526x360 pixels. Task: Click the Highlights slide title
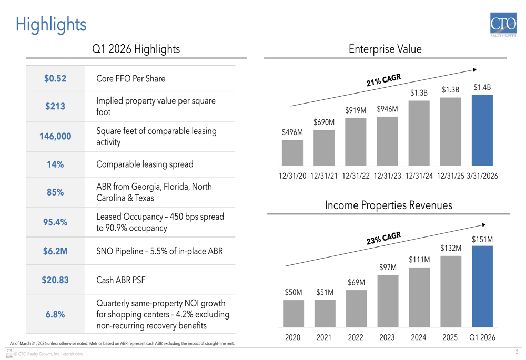coord(50,24)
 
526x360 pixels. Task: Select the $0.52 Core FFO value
coord(55,79)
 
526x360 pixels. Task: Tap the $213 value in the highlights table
coord(55,106)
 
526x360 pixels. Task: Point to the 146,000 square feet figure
coord(55,137)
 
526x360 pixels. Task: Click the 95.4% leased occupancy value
coord(55,222)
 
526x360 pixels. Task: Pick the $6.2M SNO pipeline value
coord(55,251)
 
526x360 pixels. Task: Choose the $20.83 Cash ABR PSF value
coord(55,280)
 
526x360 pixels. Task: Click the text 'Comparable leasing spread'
coord(145,164)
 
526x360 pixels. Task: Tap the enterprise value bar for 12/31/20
coord(292,153)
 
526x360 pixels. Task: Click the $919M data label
coord(356,110)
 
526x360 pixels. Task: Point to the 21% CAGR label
coord(383,80)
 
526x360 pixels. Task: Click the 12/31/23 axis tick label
coord(387,176)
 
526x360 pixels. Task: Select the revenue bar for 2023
coord(388,301)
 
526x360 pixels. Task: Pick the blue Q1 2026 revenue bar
coord(482,286)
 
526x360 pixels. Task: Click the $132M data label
coord(451,248)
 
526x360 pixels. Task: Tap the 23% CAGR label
coord(383,238)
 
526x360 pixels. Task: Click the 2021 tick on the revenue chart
coord(324,337)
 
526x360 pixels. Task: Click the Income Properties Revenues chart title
coord(388,205)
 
